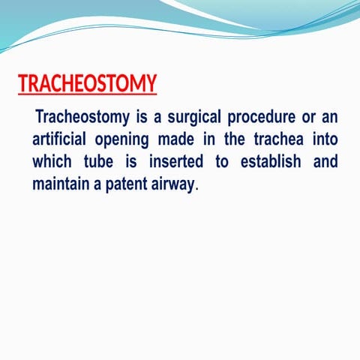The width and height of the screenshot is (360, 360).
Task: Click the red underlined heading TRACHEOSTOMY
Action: [87, 84]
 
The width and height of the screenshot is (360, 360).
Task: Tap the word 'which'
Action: [53, 162]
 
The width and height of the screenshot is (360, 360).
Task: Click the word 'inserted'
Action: [173, 162]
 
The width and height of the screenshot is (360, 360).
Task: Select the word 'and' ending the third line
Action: [324, 162]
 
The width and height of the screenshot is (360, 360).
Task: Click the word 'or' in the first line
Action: [298, 118]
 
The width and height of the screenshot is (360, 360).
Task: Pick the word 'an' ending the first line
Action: [328, 118]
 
